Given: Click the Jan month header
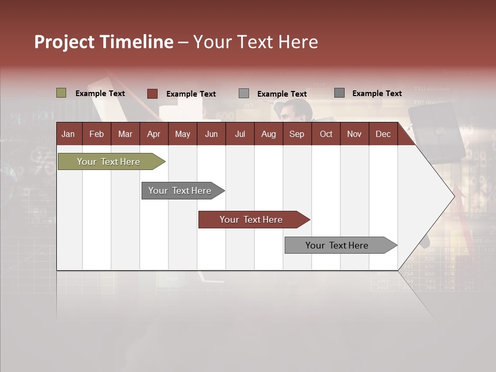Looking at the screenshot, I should [x=68, y=134].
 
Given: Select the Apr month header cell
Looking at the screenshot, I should [x=153, y=134].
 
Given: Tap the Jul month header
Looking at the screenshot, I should [x=240, y=134].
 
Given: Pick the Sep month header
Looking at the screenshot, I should [x=297, y=134].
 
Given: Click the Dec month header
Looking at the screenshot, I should [x=383, y=134].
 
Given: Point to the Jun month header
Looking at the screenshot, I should [x=211, y=134].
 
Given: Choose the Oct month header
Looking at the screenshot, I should [x=326, y=134].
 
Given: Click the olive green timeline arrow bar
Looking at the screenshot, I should [x=109, y=162].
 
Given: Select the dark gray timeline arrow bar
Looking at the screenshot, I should [x=180, y=191].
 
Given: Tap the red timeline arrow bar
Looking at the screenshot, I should [x=251, y=220].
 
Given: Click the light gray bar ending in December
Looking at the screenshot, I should [x=337, y=245].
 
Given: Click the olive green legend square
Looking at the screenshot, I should [x=61, y=93].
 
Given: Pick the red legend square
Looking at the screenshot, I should [x=152, y=94].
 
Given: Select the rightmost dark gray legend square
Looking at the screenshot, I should [x=339, y=93].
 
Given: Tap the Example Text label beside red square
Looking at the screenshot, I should [x=191, y=94].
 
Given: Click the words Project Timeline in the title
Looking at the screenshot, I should [x=103, y=42].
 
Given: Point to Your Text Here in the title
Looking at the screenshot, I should [x=255, y=42].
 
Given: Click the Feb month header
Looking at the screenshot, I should [x=97, y=134].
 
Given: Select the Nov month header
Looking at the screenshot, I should [x=354, y=134].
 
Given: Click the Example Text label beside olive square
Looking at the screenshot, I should [x=100, y=94].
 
